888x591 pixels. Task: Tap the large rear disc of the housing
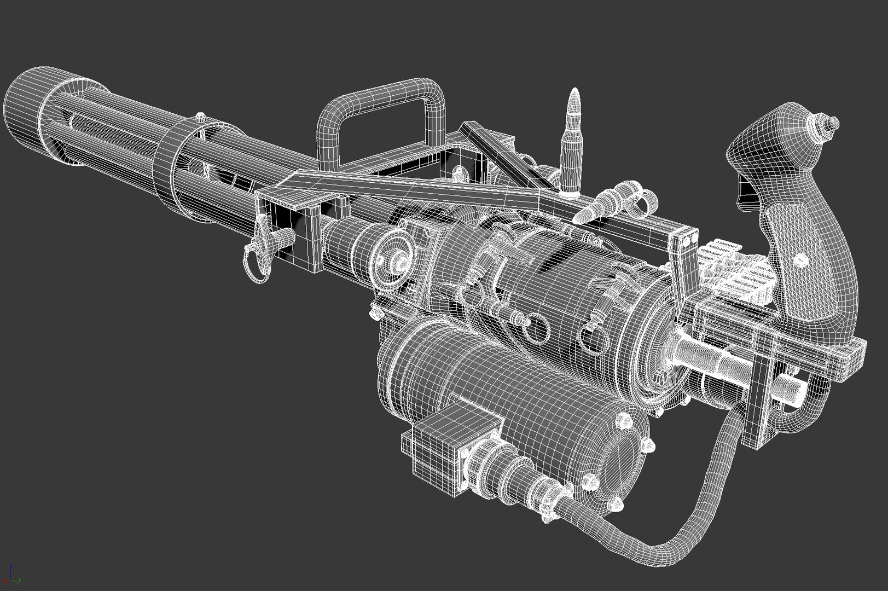coord(654,350)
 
